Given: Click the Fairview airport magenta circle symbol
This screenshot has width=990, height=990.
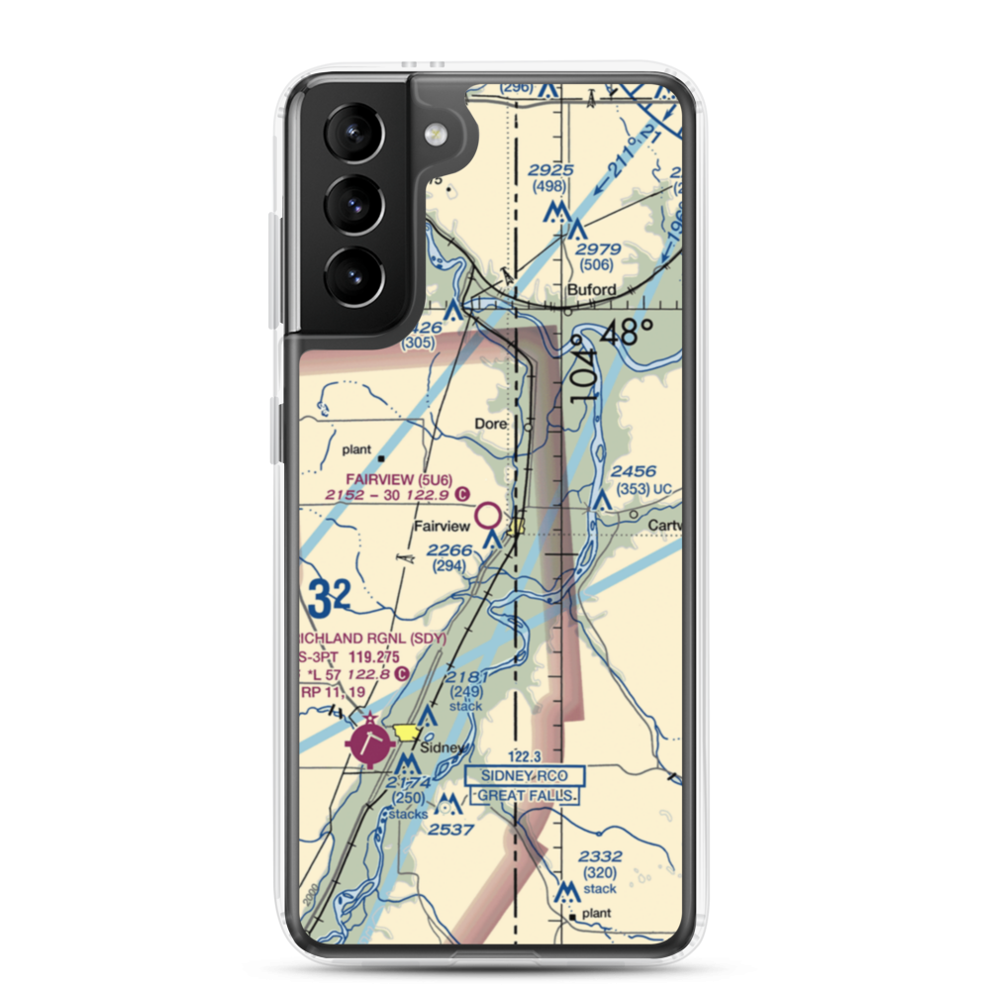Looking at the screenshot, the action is [x=488, y=515].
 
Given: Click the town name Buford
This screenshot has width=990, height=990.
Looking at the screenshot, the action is [x=591, y=290].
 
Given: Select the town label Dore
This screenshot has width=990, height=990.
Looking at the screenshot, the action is [x=490, y=424].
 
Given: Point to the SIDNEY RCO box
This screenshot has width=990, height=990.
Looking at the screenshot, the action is [x=525, y=776].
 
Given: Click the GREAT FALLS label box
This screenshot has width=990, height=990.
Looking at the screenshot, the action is [x=525, y=795].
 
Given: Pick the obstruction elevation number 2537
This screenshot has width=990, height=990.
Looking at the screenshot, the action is [x=451, y=829].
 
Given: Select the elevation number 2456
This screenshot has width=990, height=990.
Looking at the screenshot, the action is [x=634, y=472].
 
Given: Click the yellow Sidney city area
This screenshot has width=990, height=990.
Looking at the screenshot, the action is [x=406, y=734].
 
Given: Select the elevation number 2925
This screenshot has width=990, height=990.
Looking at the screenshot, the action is [x=550, y=170].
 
